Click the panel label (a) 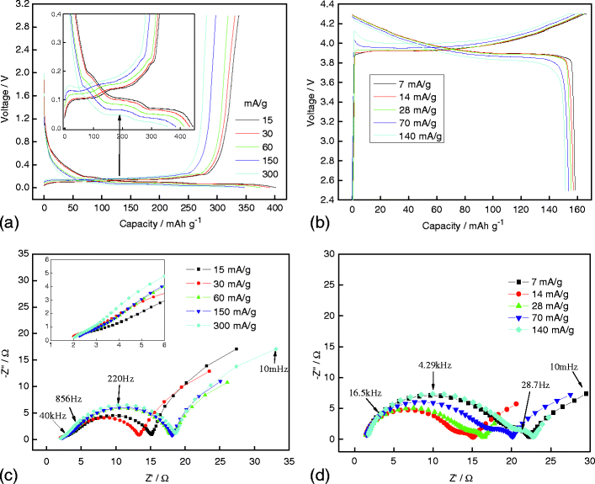click(11, 223)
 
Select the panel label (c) click(11, 475)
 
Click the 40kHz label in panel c click(29, 414)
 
